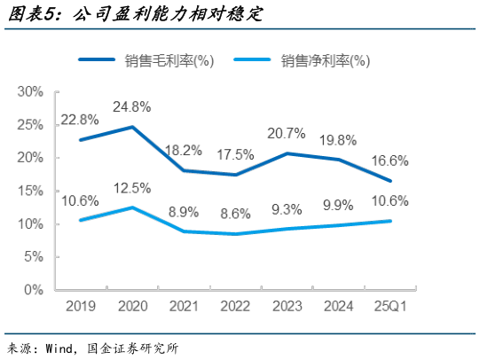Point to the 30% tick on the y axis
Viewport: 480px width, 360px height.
pyautogui.click(x=30, y=91)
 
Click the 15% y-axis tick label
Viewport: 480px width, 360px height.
pyautogui.click(x=30, y=191)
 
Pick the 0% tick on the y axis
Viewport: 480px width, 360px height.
pyautogui.click(x=34, y=290)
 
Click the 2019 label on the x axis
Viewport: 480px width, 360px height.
pyautogui.click(x=80, y=307)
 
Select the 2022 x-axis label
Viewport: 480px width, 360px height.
pyautogui.click(x=234, y=307)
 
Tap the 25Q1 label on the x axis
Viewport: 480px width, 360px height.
pyautogui.click(x=390, y=307)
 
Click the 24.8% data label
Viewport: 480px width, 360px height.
pyautogui.click(x=131, y=107)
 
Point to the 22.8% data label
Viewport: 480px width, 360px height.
pyautogui.click(x=80, y=121)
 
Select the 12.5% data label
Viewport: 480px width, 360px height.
pyautogui.click(x=131, y=188)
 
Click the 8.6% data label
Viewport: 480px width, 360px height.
pyautogui.click(x=234, y=214)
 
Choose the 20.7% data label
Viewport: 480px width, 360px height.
pyautogui.click(x=286, y=134)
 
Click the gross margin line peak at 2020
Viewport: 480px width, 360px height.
pyautogui.click(x=131, y=127)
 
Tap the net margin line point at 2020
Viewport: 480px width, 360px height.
pyautogui.click(x=131, y=207)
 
